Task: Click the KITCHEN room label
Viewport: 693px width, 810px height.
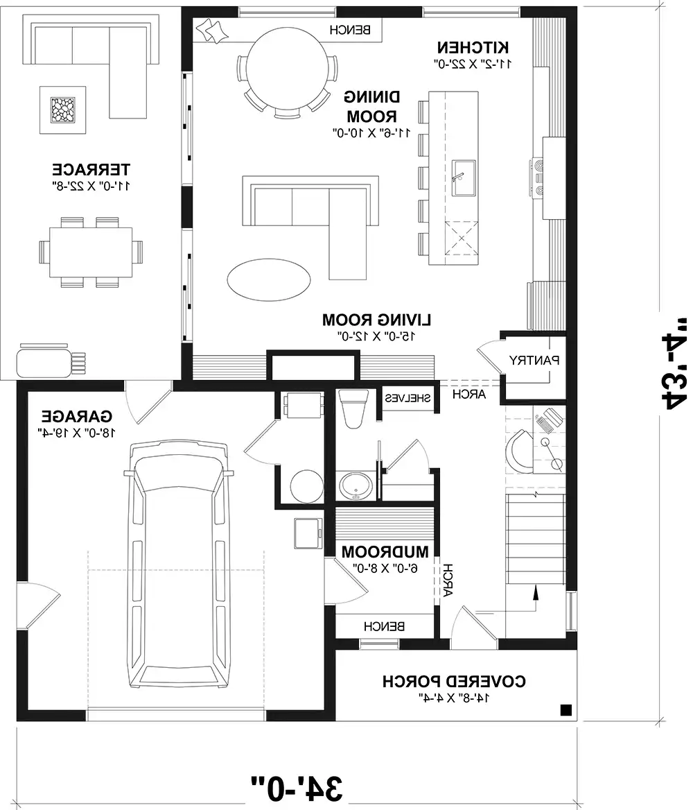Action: pos(474,47)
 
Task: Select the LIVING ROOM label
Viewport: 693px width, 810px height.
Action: pos(377,320)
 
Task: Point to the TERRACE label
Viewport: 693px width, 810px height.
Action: pos(91,169)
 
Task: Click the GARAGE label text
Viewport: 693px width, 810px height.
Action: pos(76,417)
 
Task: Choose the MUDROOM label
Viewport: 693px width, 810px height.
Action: pos(385,552)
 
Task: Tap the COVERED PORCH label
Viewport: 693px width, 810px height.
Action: pos(454,682)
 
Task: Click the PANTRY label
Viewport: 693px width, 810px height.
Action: pos(534,360)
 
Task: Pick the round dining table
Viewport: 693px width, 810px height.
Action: pos(288,69)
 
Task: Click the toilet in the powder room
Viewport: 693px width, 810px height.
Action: pos(355,409)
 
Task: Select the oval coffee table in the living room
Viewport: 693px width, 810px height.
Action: pos(268,279)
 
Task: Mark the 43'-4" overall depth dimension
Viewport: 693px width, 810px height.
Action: pos(668,361)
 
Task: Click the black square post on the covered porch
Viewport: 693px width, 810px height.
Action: pos(565,709)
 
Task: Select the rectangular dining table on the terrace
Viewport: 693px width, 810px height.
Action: pos(87,252)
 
